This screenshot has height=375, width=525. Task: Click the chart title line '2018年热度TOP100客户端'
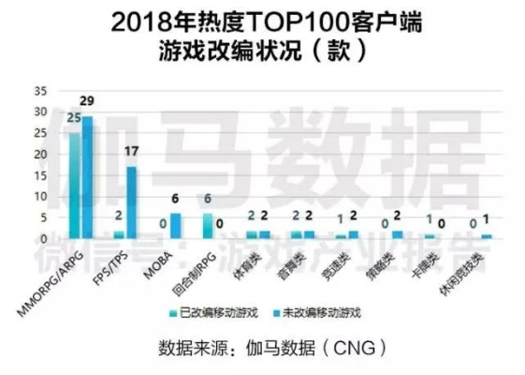(262, 22)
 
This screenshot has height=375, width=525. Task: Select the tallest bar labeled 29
(87, 178)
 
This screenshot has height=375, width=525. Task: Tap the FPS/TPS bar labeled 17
(131, 202)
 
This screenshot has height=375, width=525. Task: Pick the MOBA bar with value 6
(175, 226)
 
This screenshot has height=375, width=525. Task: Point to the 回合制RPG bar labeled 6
(208, 226)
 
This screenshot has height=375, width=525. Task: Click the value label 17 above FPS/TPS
(132, 151)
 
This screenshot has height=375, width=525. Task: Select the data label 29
(88, 100)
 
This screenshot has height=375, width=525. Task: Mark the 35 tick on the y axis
(39, 91)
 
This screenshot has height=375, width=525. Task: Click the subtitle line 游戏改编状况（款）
(262, 52)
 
